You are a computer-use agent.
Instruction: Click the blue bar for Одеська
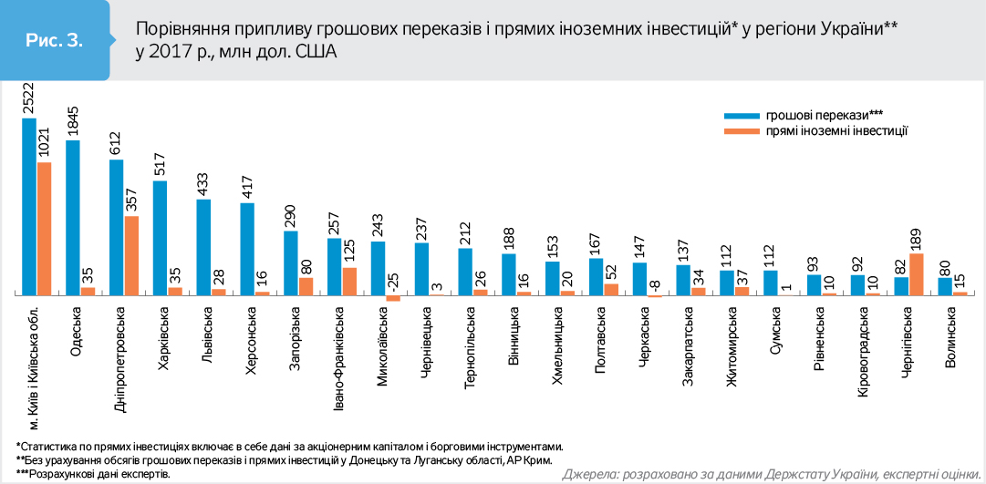click(73, 217)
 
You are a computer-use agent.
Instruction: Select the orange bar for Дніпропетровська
click(131, 255)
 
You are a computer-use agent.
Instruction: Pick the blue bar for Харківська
click(160, 238)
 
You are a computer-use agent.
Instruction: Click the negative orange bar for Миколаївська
click(393, 298)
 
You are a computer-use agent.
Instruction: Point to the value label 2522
click(28, 98)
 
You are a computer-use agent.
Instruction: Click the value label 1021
click(44, 143)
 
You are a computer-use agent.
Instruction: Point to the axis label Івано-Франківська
click(339, 361)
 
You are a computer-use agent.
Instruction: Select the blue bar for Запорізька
click(291, 263)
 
